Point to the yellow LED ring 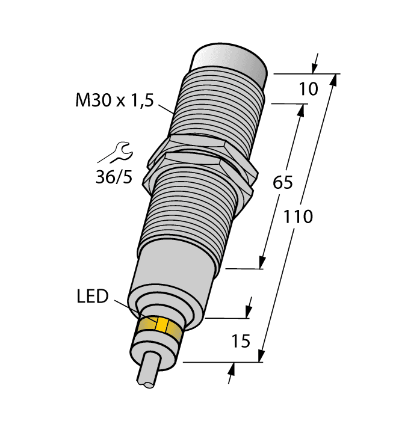[159, 328]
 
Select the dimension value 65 [282, 182]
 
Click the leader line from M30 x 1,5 [165, 108]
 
